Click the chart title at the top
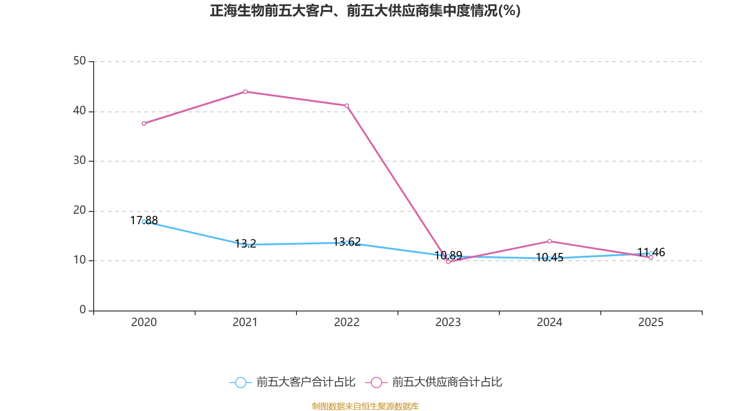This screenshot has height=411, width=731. click(365, 11)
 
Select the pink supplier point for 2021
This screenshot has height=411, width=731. click(245, 92)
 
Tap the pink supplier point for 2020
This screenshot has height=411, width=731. click(144, 123)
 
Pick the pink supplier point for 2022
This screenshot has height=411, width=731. click(347, 105)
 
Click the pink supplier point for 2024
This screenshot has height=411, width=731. click(550, 241)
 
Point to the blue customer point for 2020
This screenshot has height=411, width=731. click(144, 221)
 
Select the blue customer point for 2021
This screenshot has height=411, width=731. click(245, 245)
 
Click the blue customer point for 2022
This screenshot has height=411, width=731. click(347, 242)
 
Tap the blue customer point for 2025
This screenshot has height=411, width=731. click(651, 253)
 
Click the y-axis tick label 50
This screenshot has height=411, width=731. click(79, 61)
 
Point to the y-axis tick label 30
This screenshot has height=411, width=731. click(79, 161)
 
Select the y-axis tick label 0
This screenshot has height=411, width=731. click(83, 310)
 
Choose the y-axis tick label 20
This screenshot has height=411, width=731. click(79, 211)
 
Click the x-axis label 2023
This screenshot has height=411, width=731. click(448, 322)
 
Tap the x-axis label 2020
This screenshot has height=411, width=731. click(144, 322)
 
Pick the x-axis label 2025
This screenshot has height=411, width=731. click(651, 322)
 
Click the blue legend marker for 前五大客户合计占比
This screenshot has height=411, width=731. click(240, 382)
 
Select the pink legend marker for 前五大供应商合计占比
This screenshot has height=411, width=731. click(376, 382)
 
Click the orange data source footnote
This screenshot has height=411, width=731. click(365, 406)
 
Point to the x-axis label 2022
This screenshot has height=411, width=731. click(347, 322)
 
